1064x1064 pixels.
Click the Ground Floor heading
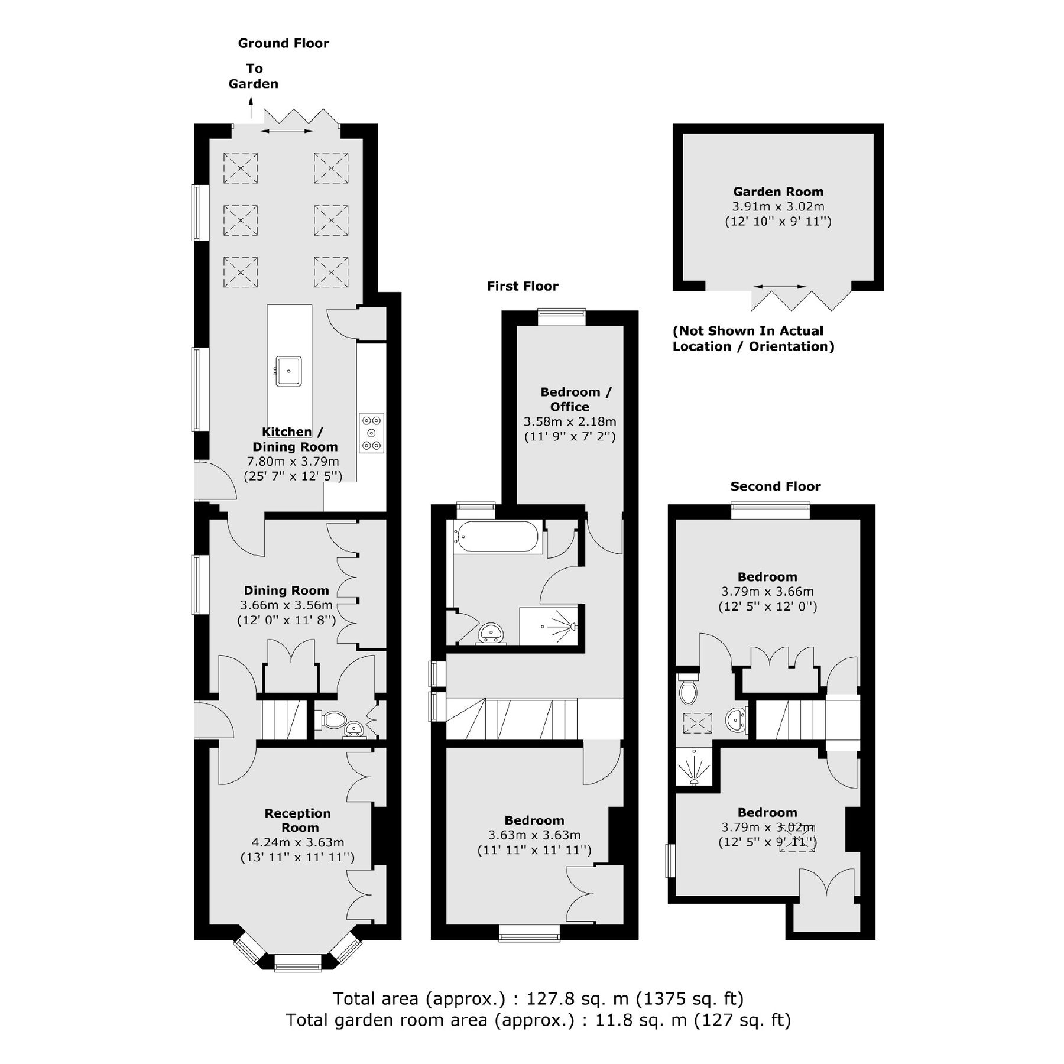[283, 43]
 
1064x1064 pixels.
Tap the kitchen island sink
[288, 371]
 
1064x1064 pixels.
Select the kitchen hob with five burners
[371, 433]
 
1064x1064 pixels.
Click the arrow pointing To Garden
[251, 108]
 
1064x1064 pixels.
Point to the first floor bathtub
[497, 537]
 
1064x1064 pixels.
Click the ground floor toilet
[332, 719]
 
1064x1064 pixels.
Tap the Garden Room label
[778, 192]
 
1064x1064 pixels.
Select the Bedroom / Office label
[570, 399]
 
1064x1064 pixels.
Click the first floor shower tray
[550, 626]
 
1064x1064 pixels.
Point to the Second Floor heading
[775, 486]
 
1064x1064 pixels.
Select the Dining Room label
[286, 591]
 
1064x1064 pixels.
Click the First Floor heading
[523, 286]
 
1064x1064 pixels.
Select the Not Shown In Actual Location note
[753, 339]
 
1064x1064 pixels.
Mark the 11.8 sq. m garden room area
[632, 1020]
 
